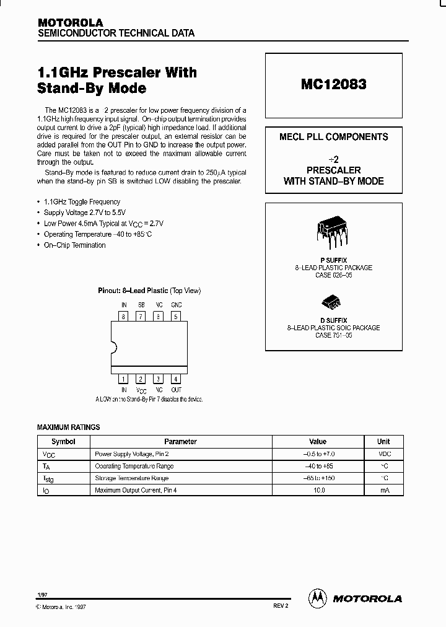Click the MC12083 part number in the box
[x=333, y=85]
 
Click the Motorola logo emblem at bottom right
[x=317, y=598]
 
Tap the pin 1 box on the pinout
[x=124, y=379]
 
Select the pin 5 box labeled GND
[x=176, y=317]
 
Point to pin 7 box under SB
[x=141, y=317]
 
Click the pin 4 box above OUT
[x=176, y=379]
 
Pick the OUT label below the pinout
[x=177, y=390]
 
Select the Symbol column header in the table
[x=63, y=442]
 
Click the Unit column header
[x=383, y=442]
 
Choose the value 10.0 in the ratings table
[x=317, y=490]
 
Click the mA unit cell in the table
[x=383, y=490]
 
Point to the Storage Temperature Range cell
[x=131, y=478]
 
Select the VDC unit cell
[x=383, y=454]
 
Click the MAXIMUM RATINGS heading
[x=68, y=427]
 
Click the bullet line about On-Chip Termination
[x=74, y=245]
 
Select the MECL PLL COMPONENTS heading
[x=333, y=137]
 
